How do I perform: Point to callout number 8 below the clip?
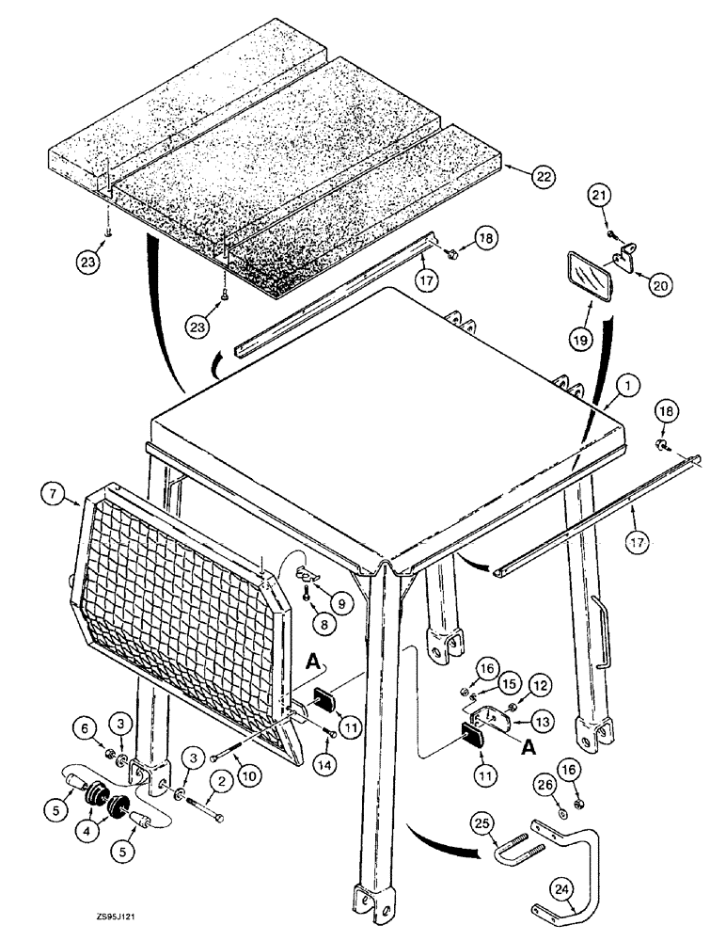(298, 622)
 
